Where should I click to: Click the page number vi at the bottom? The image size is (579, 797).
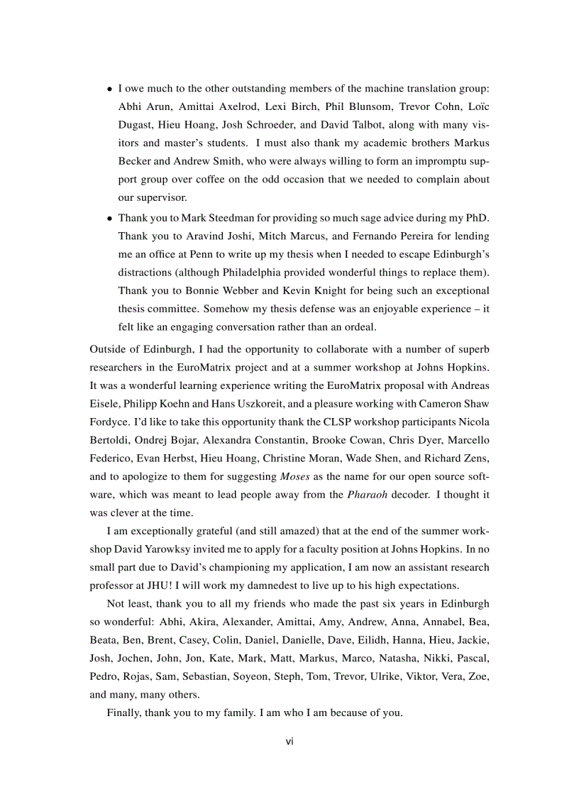coord(289,742)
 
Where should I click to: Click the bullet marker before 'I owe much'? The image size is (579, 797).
coord(109,89)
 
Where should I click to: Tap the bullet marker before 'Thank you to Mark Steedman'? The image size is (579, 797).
coord(109,219)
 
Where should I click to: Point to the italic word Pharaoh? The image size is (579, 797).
coord(368,494)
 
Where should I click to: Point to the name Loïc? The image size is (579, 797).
coord(477,106)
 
